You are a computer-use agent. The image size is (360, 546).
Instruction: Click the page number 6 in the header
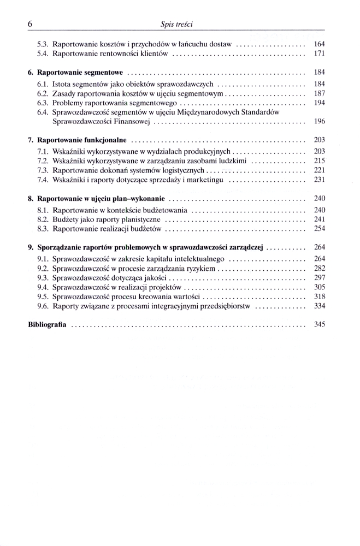pos(30,24)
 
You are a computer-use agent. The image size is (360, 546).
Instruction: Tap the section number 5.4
pos(43,54)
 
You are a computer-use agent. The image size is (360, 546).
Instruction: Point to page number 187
pos(320,93)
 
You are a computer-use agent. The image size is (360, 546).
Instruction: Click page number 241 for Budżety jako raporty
pos(320,219)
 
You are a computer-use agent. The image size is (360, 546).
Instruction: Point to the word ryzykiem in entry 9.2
pos(200,268)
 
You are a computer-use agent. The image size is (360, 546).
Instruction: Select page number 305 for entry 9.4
pos(320,287)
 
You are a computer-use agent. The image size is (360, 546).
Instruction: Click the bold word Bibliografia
pos(47,324)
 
